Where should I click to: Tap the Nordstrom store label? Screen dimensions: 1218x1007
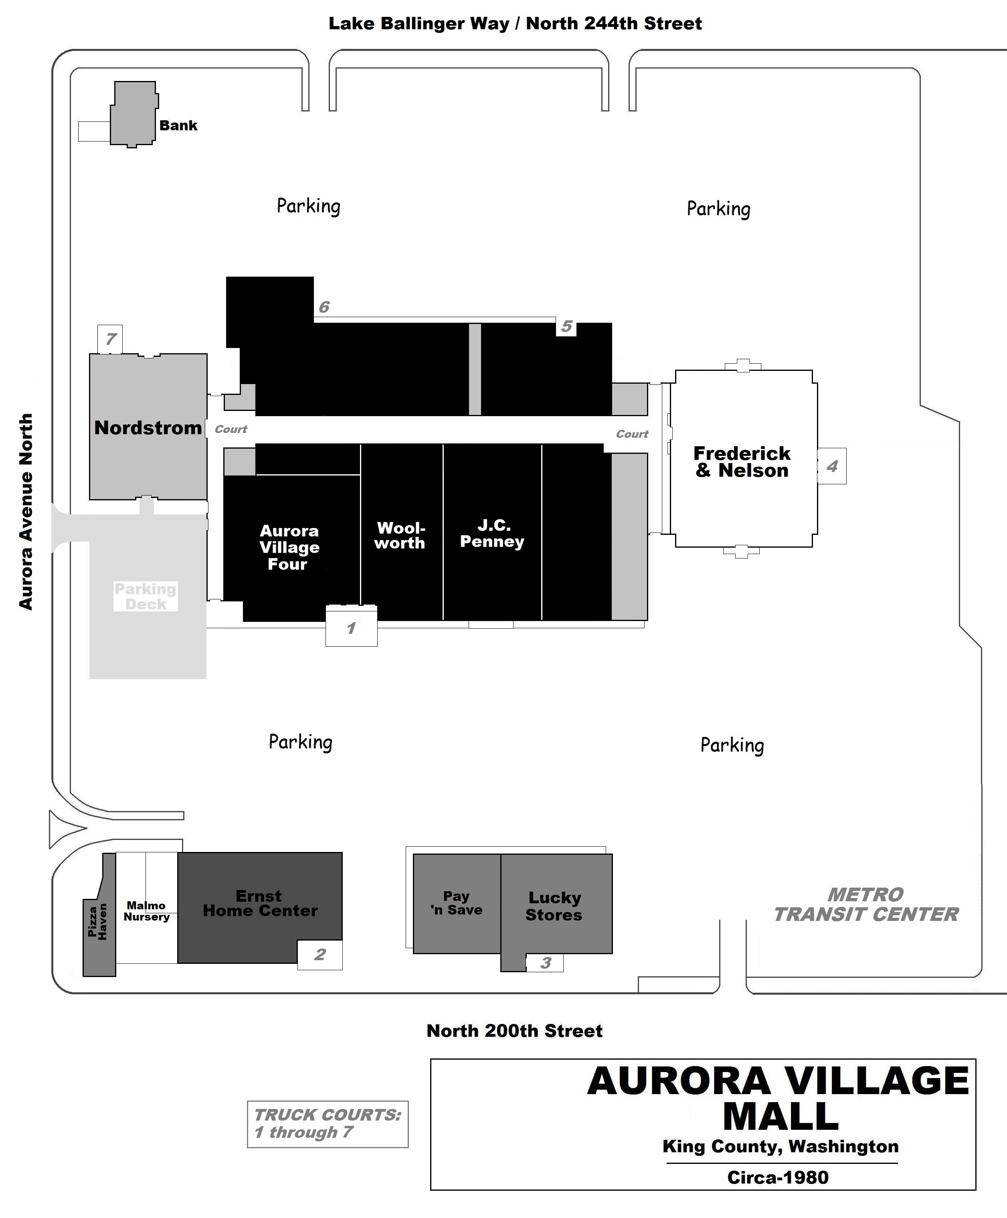click(x=148, y=428)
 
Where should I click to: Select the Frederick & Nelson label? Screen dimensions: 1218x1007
click(x=742, y=462)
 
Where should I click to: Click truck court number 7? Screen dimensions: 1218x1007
click(x=110, y=339)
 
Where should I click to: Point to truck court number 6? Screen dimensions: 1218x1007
click(x=324, y=307)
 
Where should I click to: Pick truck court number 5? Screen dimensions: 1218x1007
click(x=566, y=326)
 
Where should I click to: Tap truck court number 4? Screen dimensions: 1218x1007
click(x=832, y=466)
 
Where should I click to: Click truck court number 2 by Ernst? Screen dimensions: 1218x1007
click(x=319, y=954)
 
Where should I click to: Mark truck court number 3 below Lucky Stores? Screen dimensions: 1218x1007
click(x=545, y=963)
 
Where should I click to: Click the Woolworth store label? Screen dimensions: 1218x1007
click(x=400, y=535)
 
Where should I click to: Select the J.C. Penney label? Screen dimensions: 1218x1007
click(x=493, y=534)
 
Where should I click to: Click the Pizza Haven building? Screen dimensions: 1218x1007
click(x=98, y=922)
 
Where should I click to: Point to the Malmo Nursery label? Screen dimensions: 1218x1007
click(x=147, y=910)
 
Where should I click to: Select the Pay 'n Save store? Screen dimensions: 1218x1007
click(x=457, y=903)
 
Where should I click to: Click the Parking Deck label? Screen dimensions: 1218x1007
click(x=146, y=596)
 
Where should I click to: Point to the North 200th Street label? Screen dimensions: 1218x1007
click(x=514, y=1031)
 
